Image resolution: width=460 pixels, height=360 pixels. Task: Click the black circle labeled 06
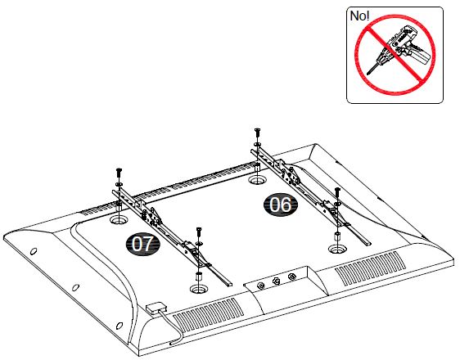(280, 205)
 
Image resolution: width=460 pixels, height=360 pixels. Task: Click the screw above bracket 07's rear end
(118, 172)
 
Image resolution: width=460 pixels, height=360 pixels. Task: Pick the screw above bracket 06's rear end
(258, 133)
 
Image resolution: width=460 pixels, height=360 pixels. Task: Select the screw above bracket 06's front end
(337, 192)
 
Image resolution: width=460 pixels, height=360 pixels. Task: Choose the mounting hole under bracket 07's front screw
(196, 289)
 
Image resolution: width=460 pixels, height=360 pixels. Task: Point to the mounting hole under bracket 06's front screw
(336, 247)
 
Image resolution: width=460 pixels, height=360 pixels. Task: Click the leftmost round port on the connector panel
(261, 286)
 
